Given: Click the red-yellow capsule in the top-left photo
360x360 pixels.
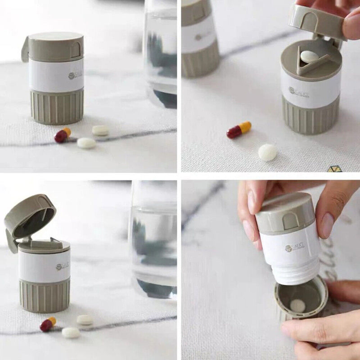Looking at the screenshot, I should click(63, 135).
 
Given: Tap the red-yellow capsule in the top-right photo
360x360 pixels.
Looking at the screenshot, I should click(239, 130).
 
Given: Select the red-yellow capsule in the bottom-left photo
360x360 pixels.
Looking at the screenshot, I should click(48, 324).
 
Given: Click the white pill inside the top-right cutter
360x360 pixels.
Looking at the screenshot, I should click(310, 56).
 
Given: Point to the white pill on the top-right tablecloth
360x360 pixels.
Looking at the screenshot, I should click(267, 153).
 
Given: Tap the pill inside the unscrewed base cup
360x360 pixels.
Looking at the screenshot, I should click(297, 306).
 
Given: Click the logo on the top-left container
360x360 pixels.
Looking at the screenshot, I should click(75, 76).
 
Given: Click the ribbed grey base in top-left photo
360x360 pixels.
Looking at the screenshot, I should click(57, 107).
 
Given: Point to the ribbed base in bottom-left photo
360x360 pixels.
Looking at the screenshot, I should click(45, 295).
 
